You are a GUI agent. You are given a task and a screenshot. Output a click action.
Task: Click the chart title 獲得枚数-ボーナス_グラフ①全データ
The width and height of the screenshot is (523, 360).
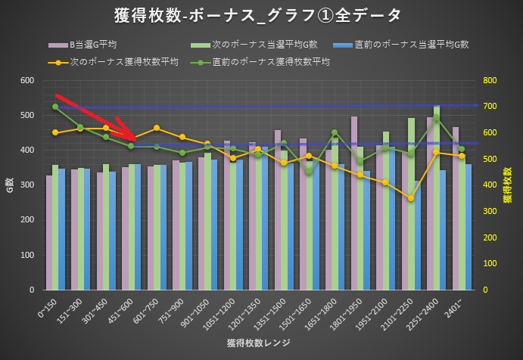pyautogui.click(x=261, y=14)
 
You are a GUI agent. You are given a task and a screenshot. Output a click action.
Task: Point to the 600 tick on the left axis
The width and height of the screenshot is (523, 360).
pyautogui.click(x=26, y=81)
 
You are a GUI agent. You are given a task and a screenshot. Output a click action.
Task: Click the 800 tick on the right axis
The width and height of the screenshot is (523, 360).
pyautogui.click(x=490, y=81)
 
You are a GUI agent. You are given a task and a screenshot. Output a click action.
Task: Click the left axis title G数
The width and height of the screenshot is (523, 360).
pyautogui.click(x=10, y=185)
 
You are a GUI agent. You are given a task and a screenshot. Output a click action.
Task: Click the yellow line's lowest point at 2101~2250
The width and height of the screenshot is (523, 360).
pyautogui.click(x=410, y=198)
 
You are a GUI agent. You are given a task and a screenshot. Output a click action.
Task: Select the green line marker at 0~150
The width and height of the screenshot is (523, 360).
pyautogui.click(x=55, y=107)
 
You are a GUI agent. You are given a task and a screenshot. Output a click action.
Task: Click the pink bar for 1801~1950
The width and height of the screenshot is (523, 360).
pyautogui.click(x=354, y=204)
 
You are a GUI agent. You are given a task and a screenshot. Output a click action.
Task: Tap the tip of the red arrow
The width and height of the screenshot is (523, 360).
pyautogui.click(x=135, y=138)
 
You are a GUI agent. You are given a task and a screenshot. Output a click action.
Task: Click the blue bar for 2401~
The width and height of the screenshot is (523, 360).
pyautogui.click(x=469, y=227)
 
